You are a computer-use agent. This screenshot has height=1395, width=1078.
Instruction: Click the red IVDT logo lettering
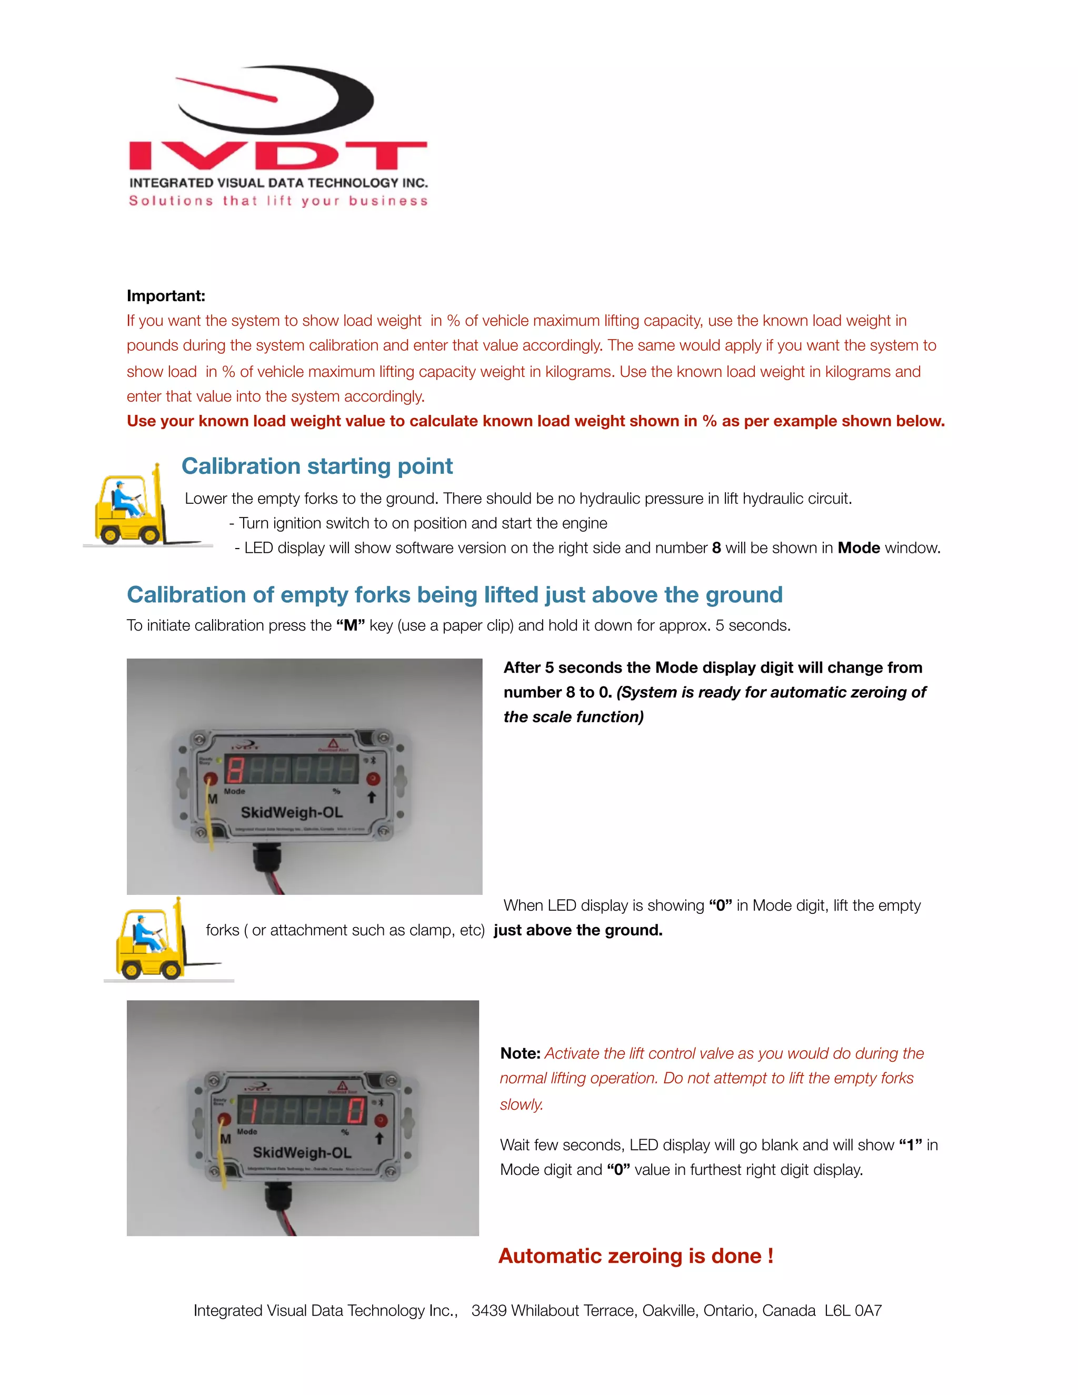click(x=278, y=156)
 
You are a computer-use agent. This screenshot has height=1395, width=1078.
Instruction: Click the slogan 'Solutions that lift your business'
click(x=278, y=201)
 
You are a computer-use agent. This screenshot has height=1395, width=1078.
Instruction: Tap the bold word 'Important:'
click(x=166, y=296)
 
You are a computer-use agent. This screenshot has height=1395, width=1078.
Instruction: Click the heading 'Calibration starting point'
click(x=317, y=466)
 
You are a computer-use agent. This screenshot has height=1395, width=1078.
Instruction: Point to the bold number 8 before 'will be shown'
click(x=716, y=548)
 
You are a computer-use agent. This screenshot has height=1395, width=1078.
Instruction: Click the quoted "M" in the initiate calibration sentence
click(x=350, y=625)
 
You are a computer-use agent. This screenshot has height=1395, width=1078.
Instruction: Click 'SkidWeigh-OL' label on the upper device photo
click(x=292, y=812)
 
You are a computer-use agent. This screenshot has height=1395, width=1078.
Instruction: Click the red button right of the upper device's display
click(x=373, y=779)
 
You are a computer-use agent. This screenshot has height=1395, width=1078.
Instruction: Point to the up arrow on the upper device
click(x=371, y=797)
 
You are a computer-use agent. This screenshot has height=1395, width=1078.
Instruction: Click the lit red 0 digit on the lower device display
click(x=356, y=1111)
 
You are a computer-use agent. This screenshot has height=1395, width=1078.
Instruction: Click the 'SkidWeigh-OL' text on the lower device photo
click(x=302, y=1152)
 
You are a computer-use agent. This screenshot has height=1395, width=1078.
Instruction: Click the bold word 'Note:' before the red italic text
click(x=520, y=1053)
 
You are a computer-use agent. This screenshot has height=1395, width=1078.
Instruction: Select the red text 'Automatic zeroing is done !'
click(x=635, y=1255)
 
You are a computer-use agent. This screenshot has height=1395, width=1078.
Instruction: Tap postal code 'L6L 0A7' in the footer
click(x=853, y=1311)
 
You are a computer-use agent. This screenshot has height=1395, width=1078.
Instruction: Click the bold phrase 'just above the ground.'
click(x=578, y=930)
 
